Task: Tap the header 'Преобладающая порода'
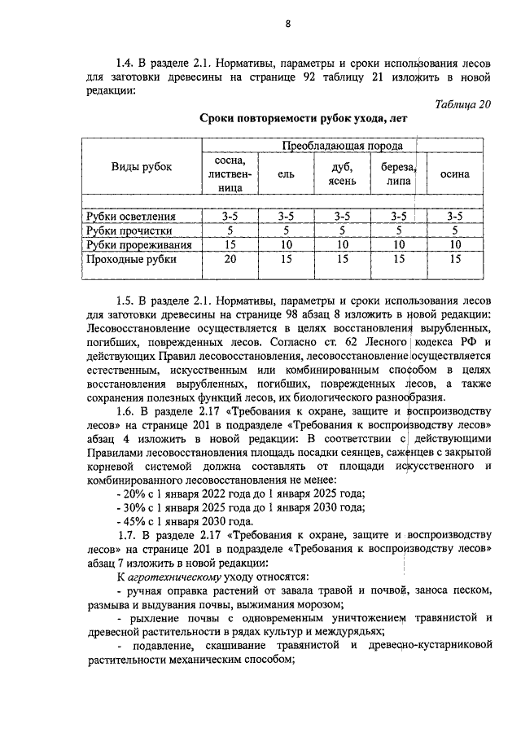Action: point(342,145)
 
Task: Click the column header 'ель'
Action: point(286,173)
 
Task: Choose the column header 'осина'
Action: point(454,173)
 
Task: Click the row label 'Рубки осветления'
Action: point(131,217)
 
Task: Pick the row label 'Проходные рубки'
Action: point(130,259)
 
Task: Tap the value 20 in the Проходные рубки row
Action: point(230,259)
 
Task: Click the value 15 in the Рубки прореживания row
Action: point(230,244)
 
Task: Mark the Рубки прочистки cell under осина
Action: point(454,230)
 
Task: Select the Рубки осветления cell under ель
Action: point(286,217)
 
